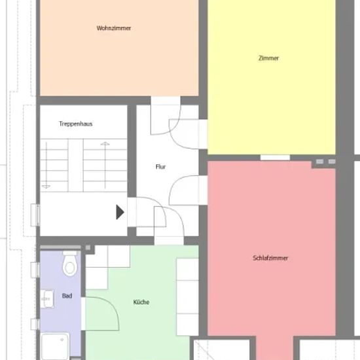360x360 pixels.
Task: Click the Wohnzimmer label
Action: pos(114,28)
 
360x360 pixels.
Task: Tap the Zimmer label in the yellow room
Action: pos(268,58)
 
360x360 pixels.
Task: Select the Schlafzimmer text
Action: pos(270,258)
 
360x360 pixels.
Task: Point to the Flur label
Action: pos(160,166)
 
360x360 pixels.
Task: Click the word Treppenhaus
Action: pos(75,124)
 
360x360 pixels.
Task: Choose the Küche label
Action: pos(141,302)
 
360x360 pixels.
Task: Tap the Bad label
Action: pos(67,296)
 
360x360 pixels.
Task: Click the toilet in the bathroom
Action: pos(70,264)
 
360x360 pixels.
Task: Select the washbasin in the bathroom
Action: pos(47,298)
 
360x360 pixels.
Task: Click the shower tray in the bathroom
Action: pos(55,346)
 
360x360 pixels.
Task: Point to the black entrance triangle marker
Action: pos(120,212)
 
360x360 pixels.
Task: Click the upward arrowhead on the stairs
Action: pos(105,144)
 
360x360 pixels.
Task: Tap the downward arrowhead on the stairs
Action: pos(46,187)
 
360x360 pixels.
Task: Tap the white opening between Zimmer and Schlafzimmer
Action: pos(275,158)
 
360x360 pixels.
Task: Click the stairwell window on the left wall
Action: pos(35,215)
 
